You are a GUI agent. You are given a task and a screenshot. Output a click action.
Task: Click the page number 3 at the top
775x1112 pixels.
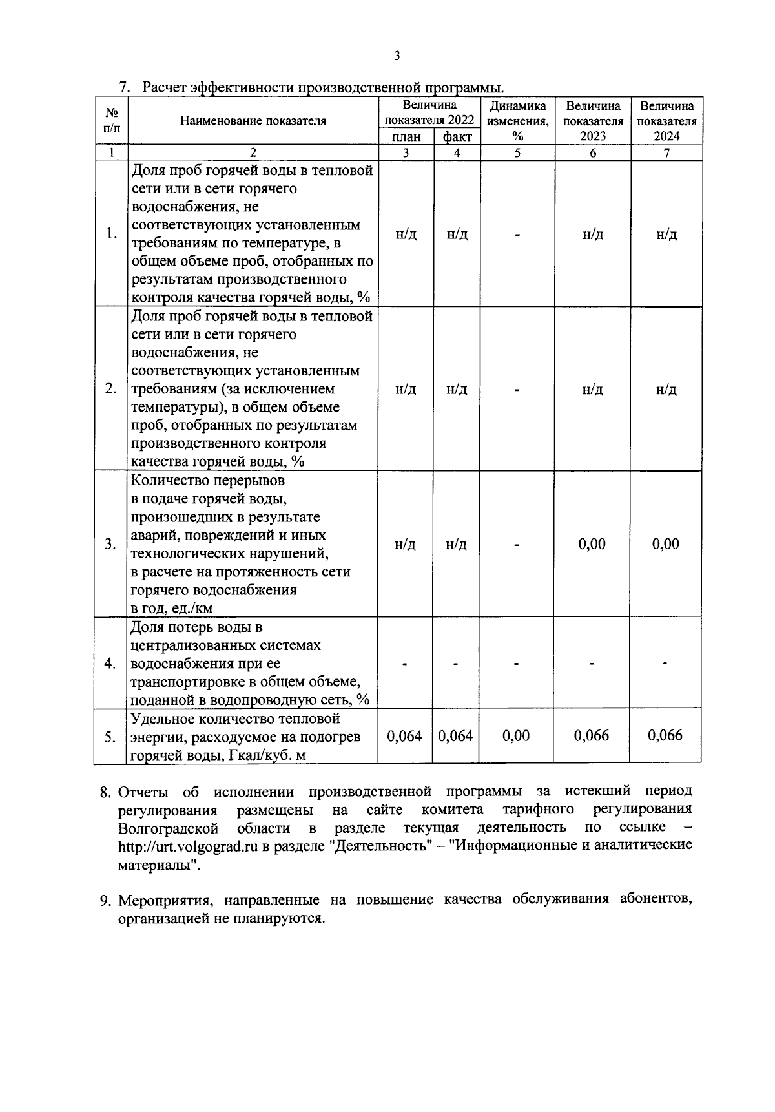(397, 56)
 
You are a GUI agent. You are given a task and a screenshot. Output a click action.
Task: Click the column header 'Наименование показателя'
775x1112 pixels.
(253, 121)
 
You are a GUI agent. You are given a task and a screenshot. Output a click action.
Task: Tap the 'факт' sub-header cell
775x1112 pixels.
(457, 136)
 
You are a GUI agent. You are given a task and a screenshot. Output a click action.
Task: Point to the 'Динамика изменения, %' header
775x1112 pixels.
(517, 121)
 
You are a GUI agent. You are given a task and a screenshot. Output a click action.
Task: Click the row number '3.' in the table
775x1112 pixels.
(111, 544)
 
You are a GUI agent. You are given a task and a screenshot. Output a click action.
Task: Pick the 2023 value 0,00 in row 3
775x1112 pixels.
(592, 544)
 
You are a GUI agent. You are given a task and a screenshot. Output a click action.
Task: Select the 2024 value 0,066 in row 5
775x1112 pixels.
(665, 736)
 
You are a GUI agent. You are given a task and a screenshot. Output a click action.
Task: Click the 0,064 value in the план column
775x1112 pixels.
(405, 736)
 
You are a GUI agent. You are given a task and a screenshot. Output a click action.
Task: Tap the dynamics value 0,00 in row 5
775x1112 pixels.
(516, 736)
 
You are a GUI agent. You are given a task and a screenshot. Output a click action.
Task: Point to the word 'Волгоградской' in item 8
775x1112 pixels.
(169, 828)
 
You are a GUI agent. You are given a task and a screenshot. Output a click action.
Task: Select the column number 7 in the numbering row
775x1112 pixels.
(666, 153)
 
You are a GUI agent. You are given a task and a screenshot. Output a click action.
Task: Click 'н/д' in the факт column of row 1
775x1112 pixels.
(457, 234)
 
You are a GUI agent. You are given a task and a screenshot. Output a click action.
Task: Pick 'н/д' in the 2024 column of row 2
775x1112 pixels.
(666, 390)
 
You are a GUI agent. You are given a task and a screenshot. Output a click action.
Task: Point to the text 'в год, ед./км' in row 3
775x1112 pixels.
(172, 608)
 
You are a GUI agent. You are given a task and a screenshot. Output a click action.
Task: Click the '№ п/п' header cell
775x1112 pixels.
(111, 121)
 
